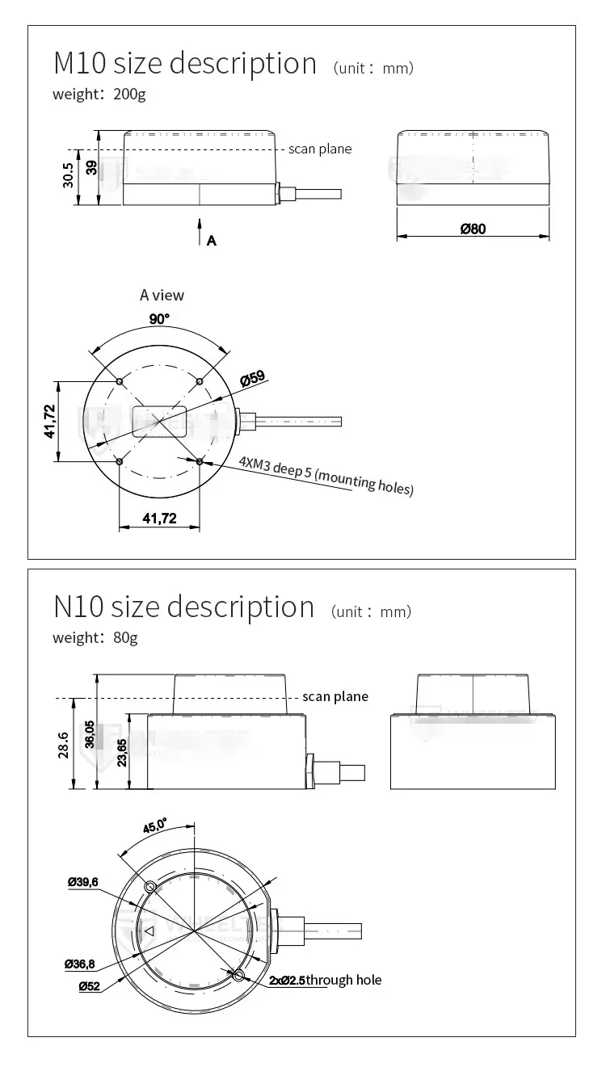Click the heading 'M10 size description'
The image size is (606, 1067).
pos(185,63)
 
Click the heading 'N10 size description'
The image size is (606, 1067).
pos(183,607)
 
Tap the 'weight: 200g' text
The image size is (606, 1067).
pos(99,94)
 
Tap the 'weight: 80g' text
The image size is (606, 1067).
pos(95,637)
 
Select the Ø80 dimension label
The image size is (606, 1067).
pos(473,229)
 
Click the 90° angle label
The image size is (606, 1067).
pos(159,319)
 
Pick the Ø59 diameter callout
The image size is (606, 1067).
pos(253,378)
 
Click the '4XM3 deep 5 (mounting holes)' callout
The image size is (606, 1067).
pos(326,476)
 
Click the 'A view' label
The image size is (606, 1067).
pos(162,296)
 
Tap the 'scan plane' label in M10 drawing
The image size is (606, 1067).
pos(320,149)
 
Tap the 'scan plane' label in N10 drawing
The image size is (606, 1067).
pos(335,696)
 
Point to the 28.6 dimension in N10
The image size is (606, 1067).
pos(63,746)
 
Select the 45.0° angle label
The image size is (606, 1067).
pos(155,826)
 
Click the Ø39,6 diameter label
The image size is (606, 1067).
pos(82,882)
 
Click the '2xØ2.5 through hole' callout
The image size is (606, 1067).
pos(326,980)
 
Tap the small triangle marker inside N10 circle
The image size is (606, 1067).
pos(148,931)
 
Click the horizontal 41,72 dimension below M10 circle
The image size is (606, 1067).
pos(159,519)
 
